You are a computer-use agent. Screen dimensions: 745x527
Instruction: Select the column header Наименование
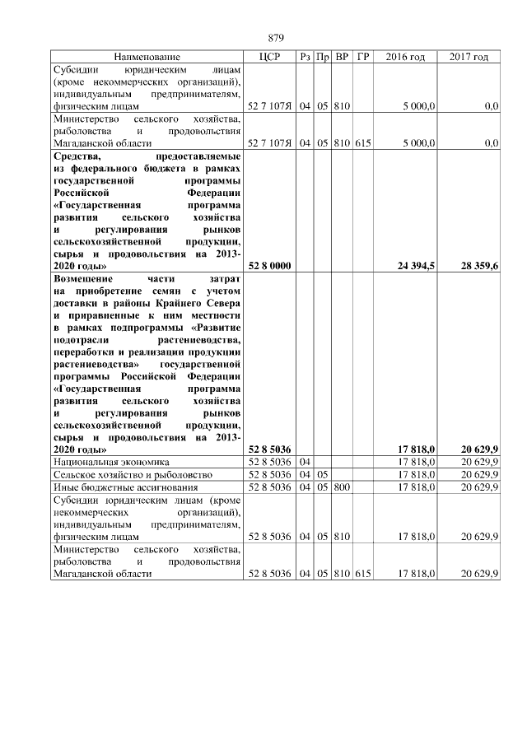click(147, 57)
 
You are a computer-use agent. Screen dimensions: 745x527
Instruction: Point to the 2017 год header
click(469, 57)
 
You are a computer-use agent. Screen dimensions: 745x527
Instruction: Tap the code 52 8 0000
click(269, 266)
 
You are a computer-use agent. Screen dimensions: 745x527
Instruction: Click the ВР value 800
click(343, 487)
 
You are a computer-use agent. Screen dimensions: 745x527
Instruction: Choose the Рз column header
click(305, 57)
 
